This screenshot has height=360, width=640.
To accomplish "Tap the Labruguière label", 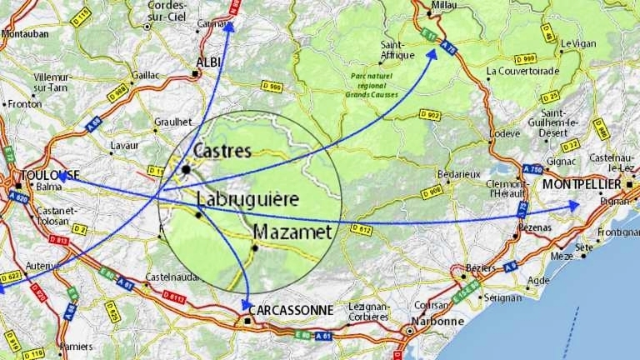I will [247, 200].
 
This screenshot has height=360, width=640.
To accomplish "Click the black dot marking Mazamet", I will [256, 247].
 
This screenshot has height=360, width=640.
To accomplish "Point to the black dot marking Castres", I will [186, 169].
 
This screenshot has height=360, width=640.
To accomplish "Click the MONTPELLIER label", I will [582, 183].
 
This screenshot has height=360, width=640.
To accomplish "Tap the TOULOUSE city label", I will [50, 175].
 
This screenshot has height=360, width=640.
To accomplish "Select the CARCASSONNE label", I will [292, 311].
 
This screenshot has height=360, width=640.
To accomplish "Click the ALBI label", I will [208, 62].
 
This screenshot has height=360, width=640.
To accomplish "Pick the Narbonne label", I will [437, 321].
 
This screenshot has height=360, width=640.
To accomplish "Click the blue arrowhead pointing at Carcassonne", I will [246, 306].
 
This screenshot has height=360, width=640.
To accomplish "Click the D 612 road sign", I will [361, 228].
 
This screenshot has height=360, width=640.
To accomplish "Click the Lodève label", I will [504, 133].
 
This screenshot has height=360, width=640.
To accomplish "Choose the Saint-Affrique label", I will [397, 50].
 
